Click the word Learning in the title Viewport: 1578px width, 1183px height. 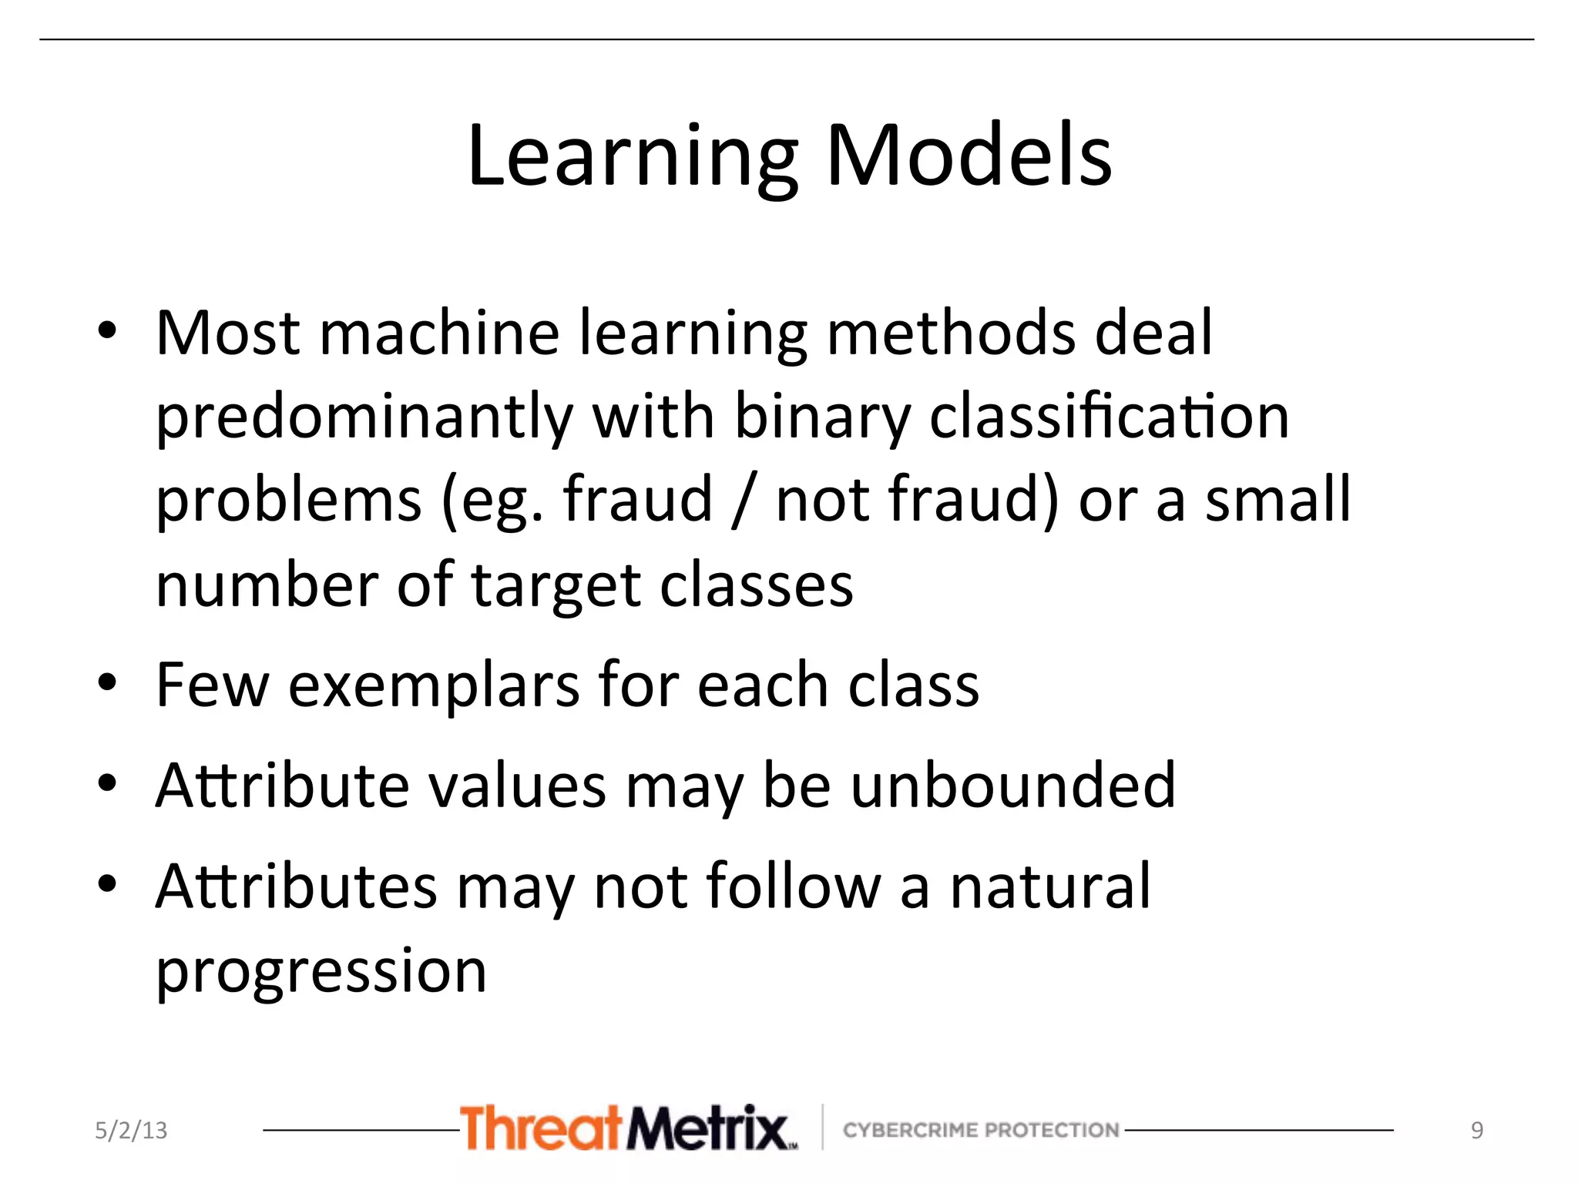(632, 157)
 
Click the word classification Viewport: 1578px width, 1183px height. (1109, 417)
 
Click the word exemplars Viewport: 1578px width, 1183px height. (434, 685)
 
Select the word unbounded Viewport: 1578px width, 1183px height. (1012, 786)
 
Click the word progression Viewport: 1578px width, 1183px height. (321, 972)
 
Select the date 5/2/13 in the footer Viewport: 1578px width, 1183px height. (131, 1130)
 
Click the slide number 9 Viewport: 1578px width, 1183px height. (1476, 1130)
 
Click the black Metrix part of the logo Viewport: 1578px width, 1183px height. (709, 1128)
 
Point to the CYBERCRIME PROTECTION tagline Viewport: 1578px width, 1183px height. (980, 1130)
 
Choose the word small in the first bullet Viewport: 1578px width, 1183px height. (1278, 501)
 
